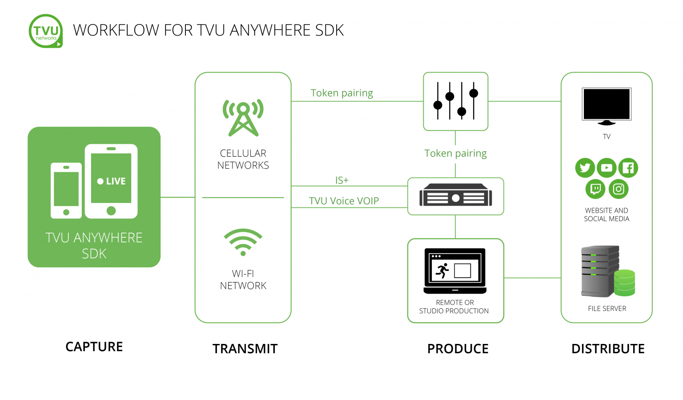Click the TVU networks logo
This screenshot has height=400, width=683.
pos(46,31)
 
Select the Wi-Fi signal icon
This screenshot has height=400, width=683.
pos(243,242)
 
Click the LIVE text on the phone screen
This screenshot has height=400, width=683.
pos(112,181)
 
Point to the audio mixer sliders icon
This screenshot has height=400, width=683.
pos(456,101)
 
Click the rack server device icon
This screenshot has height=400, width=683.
pos(456,196)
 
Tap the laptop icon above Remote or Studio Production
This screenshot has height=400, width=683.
pos(455,271)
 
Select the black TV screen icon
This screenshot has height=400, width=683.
pos(607,105)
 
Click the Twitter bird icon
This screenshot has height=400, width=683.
pos(585,168)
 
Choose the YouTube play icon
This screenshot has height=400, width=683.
pos(607,168)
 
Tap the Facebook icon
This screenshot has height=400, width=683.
pos(628,168)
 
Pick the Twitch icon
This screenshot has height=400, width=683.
pos(595,189)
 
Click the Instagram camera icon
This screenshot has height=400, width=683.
pos(619,189)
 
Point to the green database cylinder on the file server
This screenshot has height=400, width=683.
pos(624,283)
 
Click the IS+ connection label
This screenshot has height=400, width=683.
pos(342,180)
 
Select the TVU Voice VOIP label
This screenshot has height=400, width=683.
pos(344,201)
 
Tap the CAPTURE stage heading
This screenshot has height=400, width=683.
pos(94,347)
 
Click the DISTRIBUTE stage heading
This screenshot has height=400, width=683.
pos(608,349)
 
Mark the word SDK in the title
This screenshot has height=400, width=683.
pos(329,30)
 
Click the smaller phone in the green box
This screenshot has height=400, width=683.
pos(66,190)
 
